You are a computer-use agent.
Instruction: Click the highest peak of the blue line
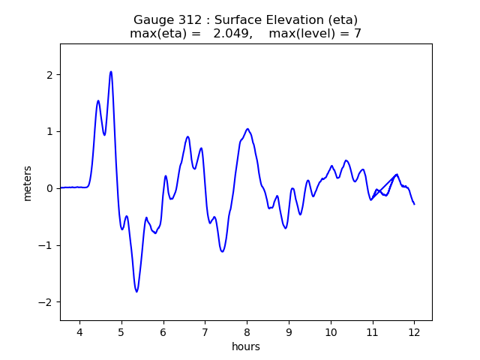[111, 72]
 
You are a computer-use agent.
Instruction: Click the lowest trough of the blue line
[136, 291]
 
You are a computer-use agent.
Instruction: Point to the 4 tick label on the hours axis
[79, 333]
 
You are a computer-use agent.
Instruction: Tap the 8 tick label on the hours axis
[247, 333]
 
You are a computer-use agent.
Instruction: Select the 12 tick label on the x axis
[414, 333]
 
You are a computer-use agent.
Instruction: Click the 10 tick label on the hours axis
[330, 333]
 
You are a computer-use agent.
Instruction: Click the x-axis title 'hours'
[246, 347]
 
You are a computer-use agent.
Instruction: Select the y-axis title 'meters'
[28, 183]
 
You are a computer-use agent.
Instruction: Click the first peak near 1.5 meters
[98, 100]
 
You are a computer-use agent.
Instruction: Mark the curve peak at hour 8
[247, 129]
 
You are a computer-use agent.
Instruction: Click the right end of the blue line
[414, 204]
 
